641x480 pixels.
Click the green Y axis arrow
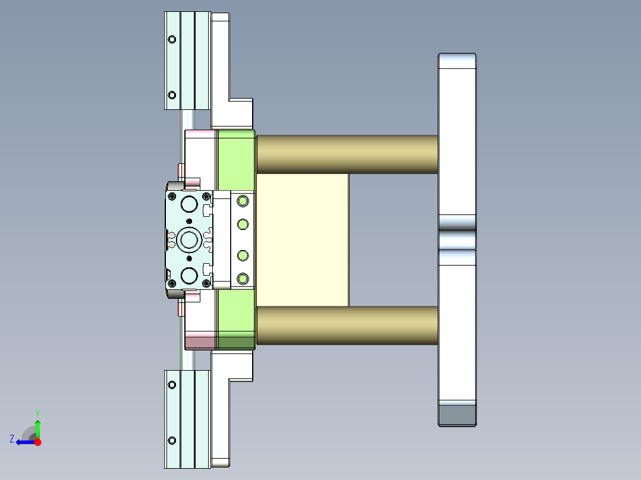point(37,427)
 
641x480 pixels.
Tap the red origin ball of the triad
point(37,442)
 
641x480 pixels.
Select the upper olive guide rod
point(347,154)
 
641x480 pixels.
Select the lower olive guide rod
point(347,326)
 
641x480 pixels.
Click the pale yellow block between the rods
point(302,239)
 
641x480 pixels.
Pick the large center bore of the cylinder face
point(190,240)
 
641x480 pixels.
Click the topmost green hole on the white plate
point(242,201)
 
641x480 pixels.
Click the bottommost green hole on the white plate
point(242,279)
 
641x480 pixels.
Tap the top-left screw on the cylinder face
point(172,197)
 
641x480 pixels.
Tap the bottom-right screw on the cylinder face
point(206,283)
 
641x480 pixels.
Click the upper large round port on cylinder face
point(189,204)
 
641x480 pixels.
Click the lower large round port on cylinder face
point(189,275)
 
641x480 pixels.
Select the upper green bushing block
point(236,159)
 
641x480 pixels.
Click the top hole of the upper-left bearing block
point(172,40)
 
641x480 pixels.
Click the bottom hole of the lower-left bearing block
point(172,440)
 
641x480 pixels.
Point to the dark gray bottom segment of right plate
point(457,413)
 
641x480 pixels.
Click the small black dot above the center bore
point(189,221)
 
